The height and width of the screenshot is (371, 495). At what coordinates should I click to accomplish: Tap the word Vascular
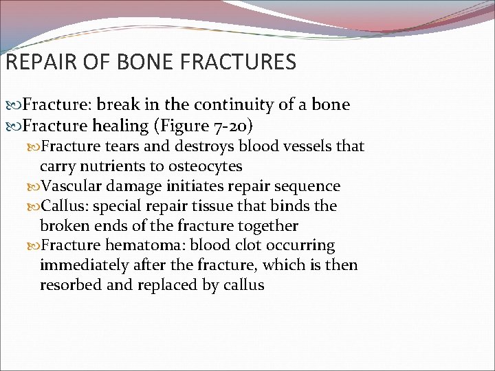pos(73,186)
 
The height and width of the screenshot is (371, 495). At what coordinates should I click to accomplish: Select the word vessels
pos(305,146)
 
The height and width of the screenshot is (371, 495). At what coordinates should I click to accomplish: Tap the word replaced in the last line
pos(166,285)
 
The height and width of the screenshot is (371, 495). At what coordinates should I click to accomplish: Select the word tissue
pos(218,205)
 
